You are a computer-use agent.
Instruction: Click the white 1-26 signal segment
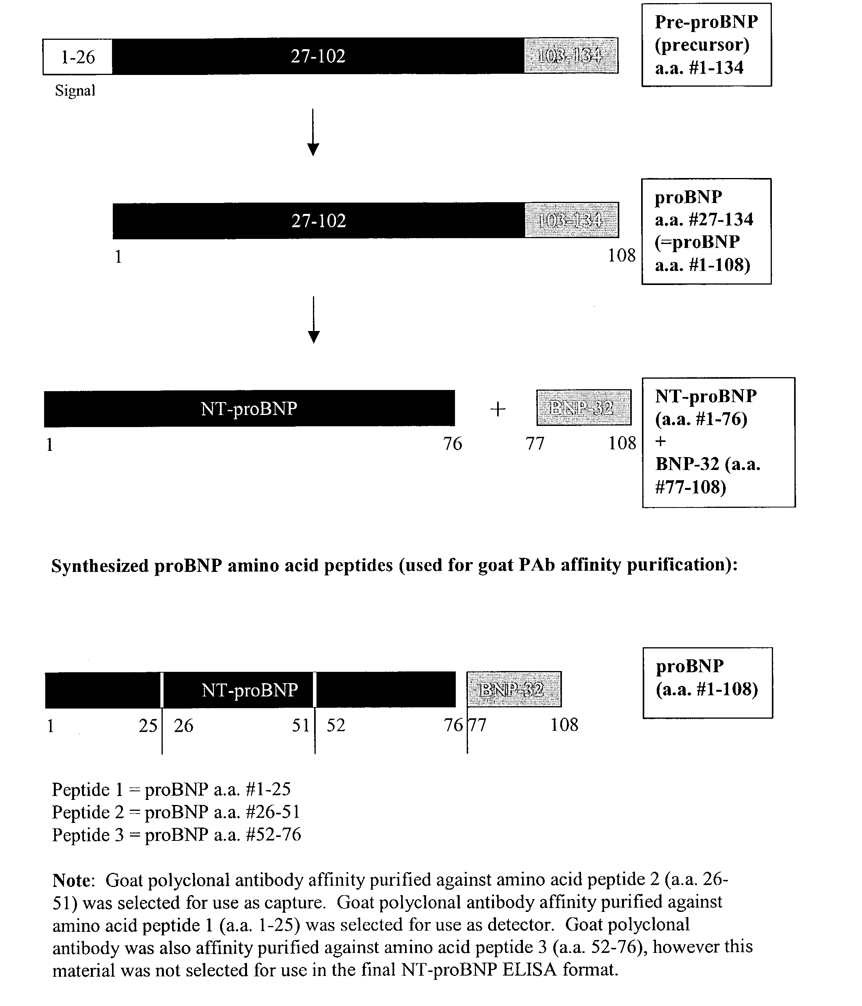point(78,57)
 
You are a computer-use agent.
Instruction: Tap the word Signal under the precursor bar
point(75,91)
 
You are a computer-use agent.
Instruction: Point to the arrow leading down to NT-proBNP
point(314,320)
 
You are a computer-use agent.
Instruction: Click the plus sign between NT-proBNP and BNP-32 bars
point(498,409)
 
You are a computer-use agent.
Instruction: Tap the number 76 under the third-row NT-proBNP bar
point(452,444)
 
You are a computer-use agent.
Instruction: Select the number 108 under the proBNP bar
point(621,255)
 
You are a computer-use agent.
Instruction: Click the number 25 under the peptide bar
point(148,726)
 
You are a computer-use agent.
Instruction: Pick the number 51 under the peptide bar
point(300,725)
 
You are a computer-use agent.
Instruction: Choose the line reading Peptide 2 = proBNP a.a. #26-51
point(176,812)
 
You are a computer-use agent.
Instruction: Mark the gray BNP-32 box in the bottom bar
point(514,689)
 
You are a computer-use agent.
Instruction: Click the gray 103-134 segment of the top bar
point(571,56)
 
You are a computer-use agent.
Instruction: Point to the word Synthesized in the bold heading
point(100,566)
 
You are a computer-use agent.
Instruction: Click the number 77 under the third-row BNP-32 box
point(535,443)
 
